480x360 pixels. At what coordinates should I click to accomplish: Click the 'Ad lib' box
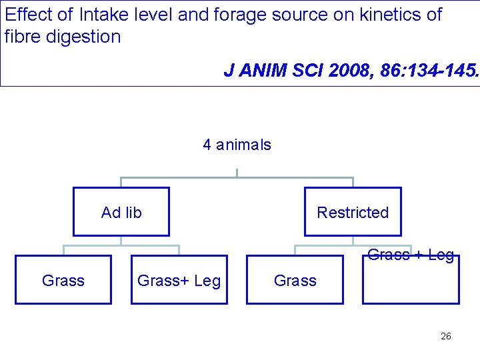121,212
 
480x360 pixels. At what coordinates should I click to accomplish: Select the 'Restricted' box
353,212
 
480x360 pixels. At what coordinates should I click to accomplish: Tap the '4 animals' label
237,145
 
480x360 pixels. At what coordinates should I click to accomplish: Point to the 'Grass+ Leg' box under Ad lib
179,281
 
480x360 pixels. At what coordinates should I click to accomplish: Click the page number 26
446,336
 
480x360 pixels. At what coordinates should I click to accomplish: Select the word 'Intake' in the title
100,14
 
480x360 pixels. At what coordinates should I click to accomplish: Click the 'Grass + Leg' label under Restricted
411,255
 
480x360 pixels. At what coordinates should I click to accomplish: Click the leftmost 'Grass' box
63,281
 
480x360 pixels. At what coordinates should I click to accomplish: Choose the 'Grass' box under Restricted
295,281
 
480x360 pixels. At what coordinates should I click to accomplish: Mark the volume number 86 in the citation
389,71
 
